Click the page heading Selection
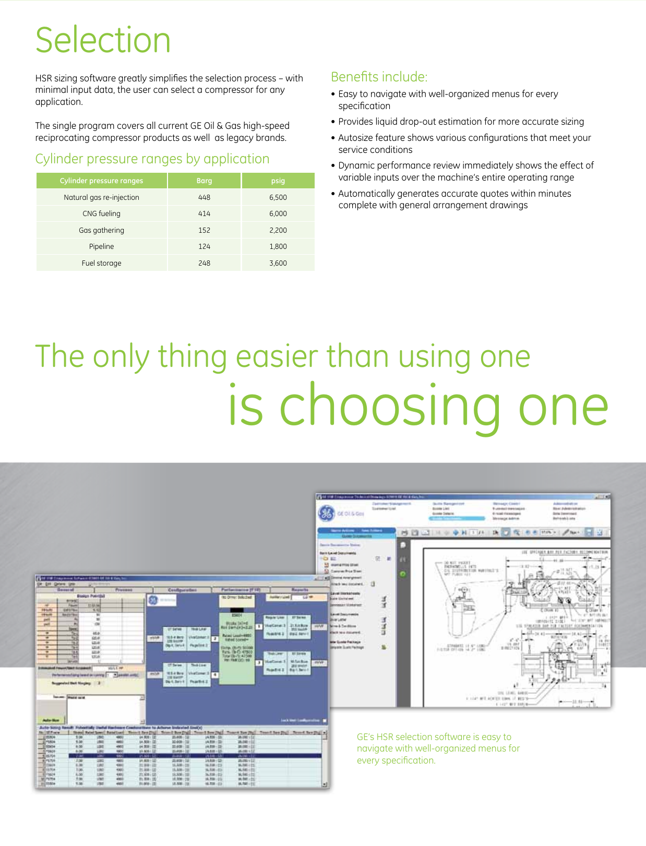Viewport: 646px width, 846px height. (103, 40)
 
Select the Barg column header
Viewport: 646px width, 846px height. (204, 181)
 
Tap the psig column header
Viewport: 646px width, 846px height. (278, 181)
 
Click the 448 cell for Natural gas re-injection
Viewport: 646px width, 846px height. (204, 197)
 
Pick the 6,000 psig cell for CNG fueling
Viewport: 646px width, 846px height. (278, 213)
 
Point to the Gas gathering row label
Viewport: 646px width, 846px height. (101, 230)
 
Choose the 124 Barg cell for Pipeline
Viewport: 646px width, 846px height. (204, 246)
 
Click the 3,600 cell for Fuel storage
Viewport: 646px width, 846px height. (278, 263)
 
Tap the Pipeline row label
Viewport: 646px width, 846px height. (101, 246)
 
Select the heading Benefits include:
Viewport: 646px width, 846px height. (379, 77)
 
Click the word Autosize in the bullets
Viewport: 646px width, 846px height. (356, 138)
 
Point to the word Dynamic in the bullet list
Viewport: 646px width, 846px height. (356, 165)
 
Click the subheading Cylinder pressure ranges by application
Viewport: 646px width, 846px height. (152, 159)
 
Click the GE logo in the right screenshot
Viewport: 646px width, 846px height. (326, 514)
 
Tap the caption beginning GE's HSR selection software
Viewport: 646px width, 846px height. (438, 748)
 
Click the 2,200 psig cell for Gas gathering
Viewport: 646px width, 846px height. (278, 230)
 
